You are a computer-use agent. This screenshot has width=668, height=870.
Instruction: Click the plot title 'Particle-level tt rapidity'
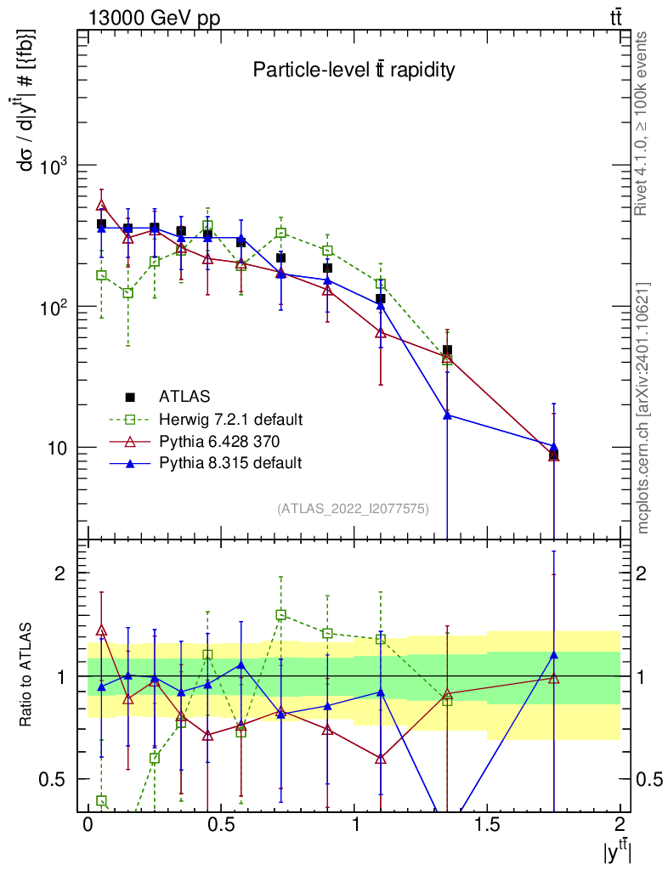[354, 71]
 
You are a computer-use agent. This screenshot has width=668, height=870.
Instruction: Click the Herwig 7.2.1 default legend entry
[230, 419]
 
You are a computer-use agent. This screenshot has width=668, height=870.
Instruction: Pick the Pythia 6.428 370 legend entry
[219, 441]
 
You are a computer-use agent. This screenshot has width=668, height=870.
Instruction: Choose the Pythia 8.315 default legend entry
[229, 463]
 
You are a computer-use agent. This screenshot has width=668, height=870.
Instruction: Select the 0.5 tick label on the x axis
[221, 825]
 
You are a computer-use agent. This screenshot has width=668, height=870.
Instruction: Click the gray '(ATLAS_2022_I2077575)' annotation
[353, 509]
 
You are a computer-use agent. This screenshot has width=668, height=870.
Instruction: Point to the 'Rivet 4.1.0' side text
[643, 123]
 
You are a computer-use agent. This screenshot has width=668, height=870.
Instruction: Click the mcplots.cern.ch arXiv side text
[643, 408]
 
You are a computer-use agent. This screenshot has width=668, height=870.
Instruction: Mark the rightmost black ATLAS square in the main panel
[553, 455]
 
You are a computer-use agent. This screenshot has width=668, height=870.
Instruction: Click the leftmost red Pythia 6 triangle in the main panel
[101, 205]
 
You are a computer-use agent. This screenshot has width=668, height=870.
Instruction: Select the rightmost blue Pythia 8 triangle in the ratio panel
[553, 655]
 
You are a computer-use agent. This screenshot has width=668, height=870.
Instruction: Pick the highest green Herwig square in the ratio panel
[280, 614]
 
